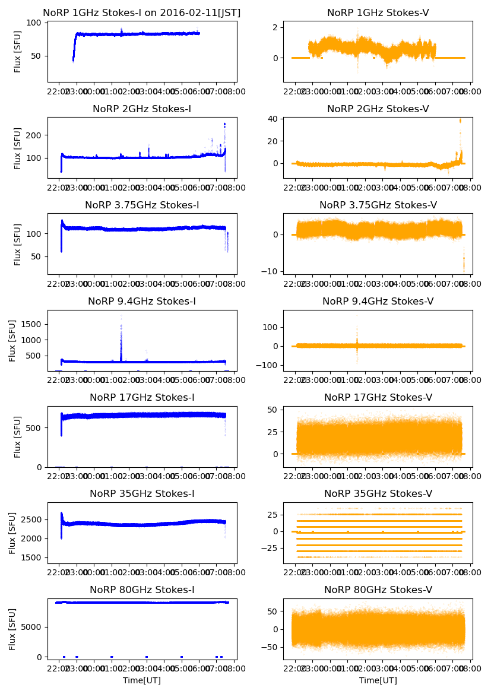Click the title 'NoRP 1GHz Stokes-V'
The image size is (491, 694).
point(378,13)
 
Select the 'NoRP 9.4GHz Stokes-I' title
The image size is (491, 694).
point(142,302)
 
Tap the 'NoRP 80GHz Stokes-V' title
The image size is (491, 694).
point(378,590)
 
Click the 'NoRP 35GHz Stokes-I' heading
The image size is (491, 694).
point(142,494)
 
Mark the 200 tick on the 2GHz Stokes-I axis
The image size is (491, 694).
point(36,135)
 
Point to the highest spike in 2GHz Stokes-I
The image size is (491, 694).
point(224,124)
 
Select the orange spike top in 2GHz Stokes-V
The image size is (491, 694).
point(460,121)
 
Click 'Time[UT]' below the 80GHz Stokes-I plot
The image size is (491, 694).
point(142,680)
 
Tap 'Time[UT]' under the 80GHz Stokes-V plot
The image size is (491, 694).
point(378,680)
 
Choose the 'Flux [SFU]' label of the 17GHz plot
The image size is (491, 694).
point(18,437)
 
